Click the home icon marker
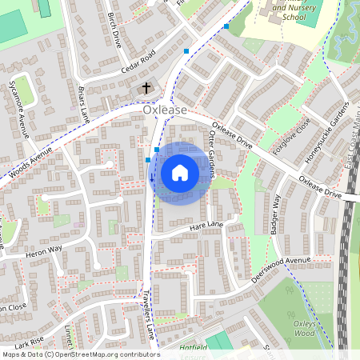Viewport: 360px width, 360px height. pyautogui.click(x=180, y=173)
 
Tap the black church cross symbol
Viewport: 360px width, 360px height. pyautogui.click(x=146, y=87)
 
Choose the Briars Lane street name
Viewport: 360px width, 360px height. pyautogui.click(x=83, y=102)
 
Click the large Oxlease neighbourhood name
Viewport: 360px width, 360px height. pyautogui.click(x=165, y=110)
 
